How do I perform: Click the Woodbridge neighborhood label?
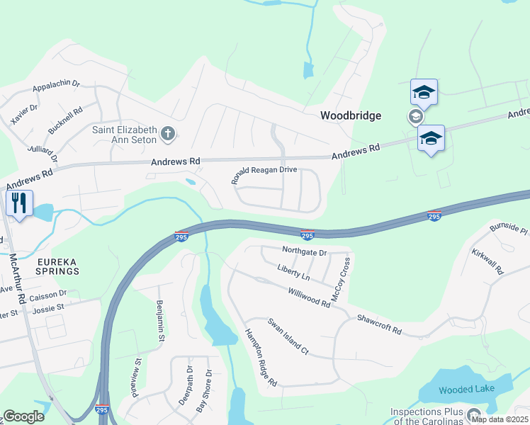(x=350, y=115)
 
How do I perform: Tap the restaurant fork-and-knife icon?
(x=18, y=203)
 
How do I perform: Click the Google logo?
(x=23, y=416)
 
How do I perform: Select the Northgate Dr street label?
(x=304, y=252)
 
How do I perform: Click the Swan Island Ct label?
(x=288, y=336)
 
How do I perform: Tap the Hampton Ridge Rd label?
(x=261, y=358)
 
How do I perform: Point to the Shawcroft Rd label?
(x=379, y=325)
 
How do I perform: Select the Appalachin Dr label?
(x=56, y=86)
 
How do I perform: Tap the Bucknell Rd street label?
(x=65, y=121)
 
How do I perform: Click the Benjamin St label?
(x=160, y=320)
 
